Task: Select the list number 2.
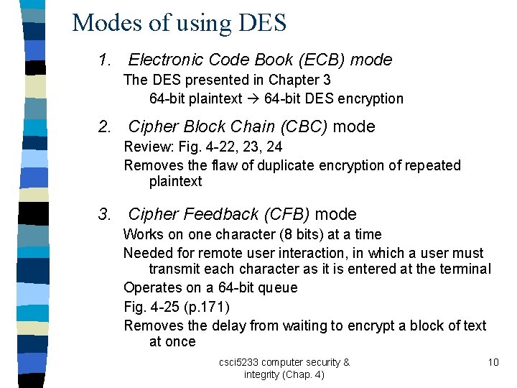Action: point(104,127)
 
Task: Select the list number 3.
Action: point(104,215)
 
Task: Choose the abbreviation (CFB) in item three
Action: point(285,215)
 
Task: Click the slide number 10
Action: point(493,362)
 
